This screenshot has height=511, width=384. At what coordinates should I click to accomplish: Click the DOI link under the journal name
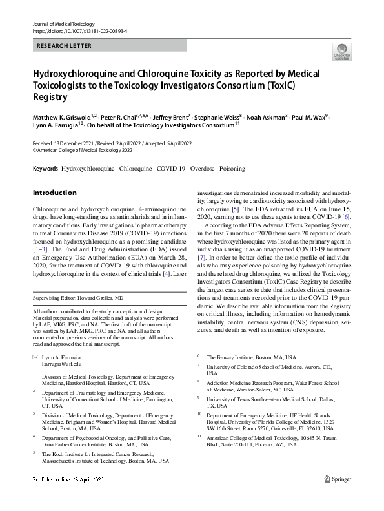tap(79, 30)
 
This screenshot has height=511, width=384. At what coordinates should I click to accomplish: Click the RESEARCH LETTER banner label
tap(65, 46)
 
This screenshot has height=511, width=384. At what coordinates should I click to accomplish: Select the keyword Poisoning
tap(232, 169)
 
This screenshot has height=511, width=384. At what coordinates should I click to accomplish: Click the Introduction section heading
tap(54, 193)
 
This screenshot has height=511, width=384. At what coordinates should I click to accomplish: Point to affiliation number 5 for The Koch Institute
tap(34, 454)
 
